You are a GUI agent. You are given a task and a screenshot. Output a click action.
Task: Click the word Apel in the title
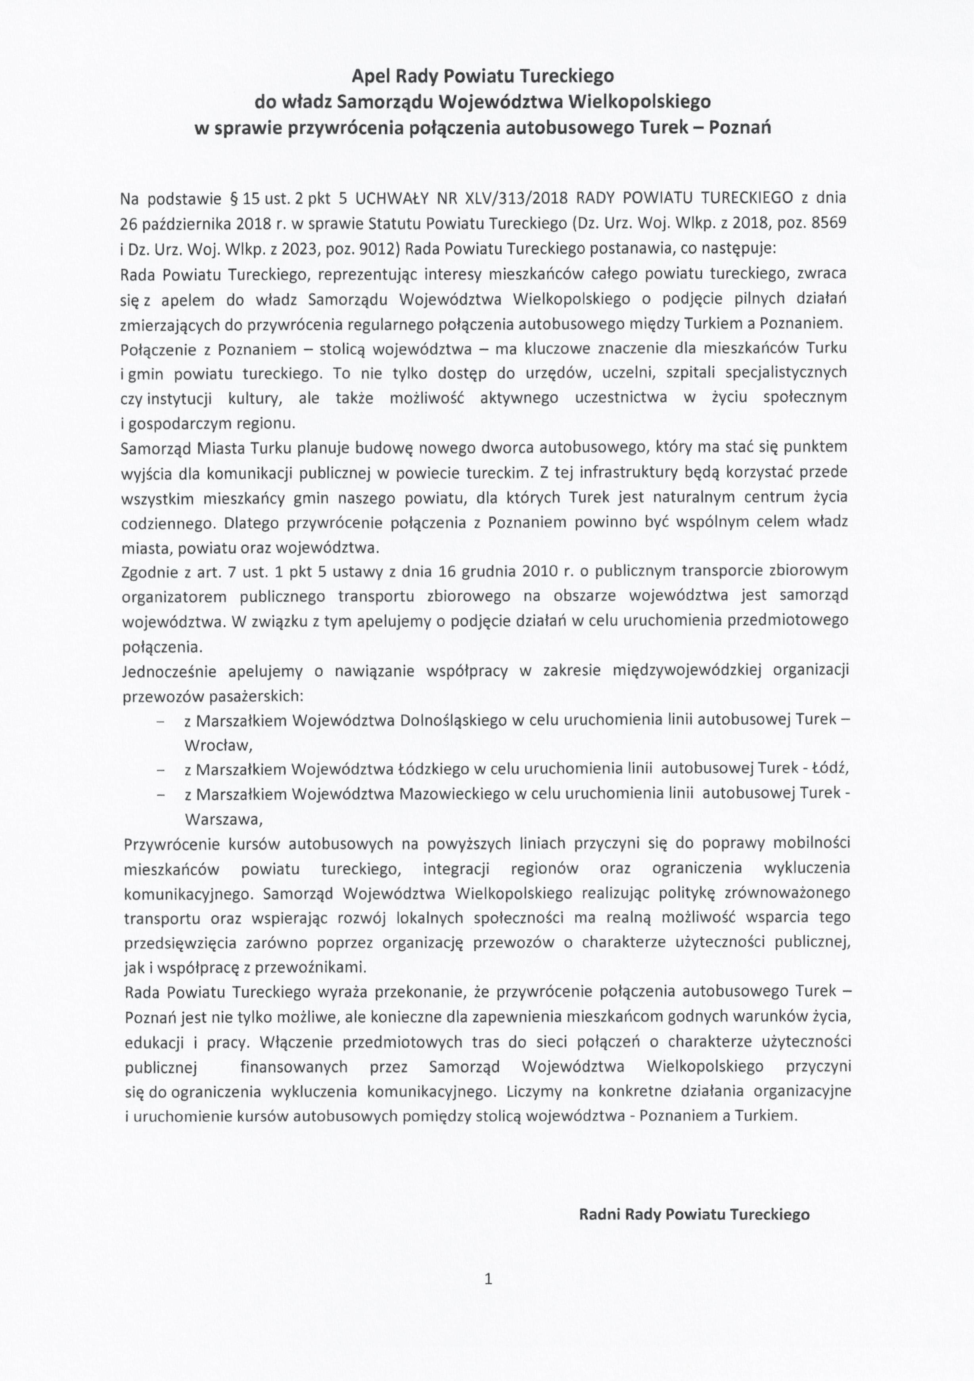coord(372,77)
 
